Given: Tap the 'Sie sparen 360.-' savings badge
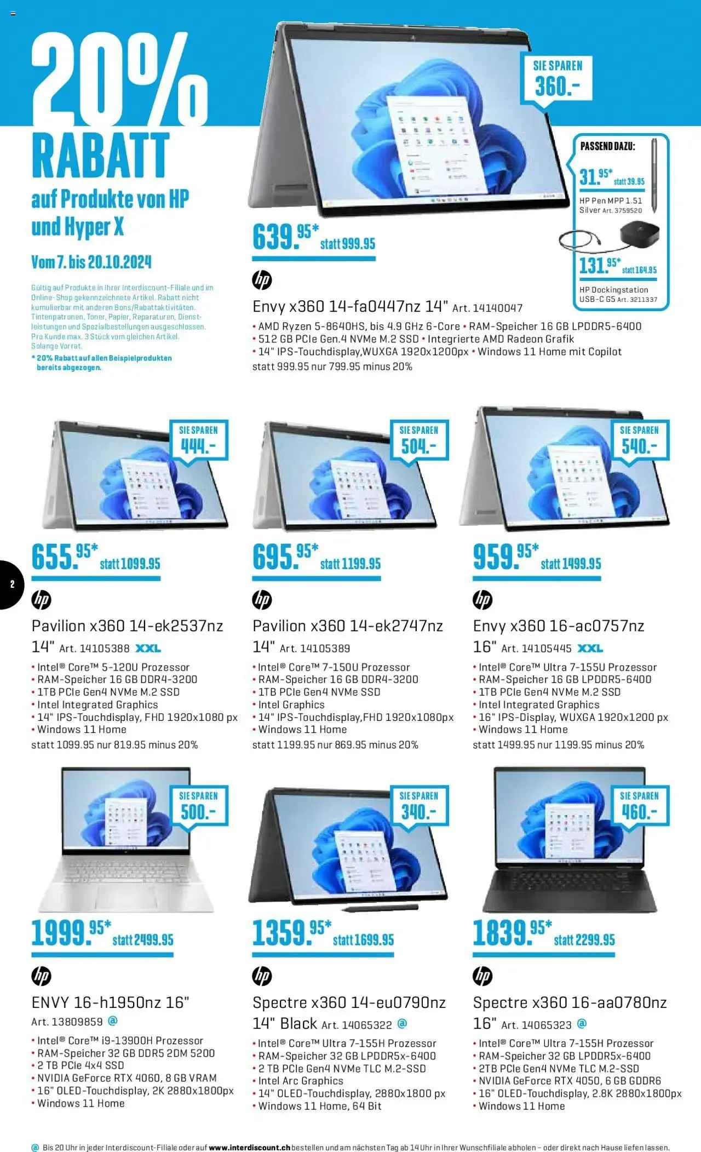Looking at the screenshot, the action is click(557, 80).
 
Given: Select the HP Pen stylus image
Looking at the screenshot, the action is click(654, 175).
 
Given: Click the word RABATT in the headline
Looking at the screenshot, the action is click(100, 155).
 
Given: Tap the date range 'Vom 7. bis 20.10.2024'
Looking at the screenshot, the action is click(91, 262).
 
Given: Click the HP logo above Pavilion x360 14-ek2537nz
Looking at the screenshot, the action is click(41, 600).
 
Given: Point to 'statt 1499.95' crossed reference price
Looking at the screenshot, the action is click(571, 564).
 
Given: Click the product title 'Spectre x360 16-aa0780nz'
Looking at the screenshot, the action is click(570, 1002).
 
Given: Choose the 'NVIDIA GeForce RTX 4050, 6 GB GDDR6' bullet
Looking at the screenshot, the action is click(570, 1080).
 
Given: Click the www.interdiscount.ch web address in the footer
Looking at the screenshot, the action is click(250, 1147).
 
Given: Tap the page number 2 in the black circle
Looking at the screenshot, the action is click(13, 584).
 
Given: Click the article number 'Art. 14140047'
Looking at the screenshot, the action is click(487, 308).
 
